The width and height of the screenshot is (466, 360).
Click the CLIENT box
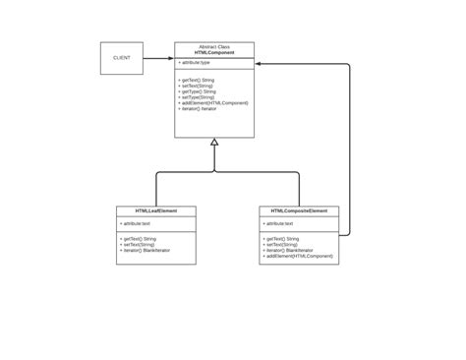tap(121, 58)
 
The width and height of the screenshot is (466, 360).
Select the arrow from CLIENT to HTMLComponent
tap(158, 58)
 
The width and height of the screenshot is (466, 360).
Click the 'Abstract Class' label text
tap(214, 46)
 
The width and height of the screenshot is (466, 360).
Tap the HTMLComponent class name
tap(214, 52)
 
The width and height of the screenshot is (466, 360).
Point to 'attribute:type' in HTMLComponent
tap(195, 62)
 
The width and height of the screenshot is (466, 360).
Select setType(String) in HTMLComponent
tap(197, 97)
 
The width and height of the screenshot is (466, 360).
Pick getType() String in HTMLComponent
tap(197, 91)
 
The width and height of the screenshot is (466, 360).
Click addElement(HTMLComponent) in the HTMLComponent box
tap(212, 103)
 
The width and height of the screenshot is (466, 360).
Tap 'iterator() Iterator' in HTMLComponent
tap(198, 109)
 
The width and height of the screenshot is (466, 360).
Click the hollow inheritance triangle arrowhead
tap(214, 143)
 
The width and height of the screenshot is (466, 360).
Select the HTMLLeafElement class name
tap(156, 210)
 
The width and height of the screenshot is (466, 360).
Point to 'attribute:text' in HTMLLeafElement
tap(137, 223)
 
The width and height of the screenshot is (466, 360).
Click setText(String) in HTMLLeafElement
tap(139, 244)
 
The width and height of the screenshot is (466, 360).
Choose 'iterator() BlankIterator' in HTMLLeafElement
tap(145, 250)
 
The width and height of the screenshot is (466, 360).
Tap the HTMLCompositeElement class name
tap(299, 210)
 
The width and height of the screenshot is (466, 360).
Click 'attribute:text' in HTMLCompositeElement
tap(279, 223)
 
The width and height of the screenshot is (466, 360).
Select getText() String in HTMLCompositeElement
tap(281, 238)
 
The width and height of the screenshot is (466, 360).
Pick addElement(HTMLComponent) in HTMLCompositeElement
tap(298, 256)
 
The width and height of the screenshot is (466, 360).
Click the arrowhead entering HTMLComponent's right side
tap(259, 64)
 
